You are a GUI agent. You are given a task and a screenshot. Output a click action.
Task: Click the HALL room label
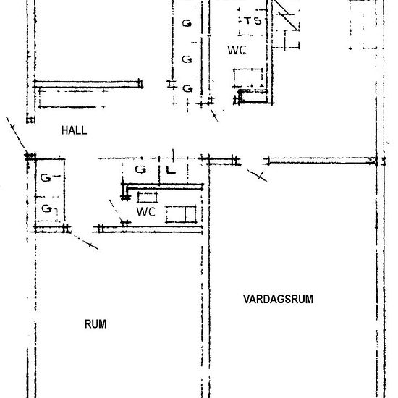coord(74,130)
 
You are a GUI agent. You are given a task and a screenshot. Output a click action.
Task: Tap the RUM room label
coord(96,324)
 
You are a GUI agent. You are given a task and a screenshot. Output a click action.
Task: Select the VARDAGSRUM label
coord(278,299)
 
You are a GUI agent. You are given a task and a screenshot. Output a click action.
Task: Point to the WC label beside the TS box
coord(237,50)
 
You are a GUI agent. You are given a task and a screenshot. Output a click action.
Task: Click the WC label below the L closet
coord(145,212)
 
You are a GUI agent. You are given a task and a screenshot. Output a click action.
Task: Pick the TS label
coord(253,21)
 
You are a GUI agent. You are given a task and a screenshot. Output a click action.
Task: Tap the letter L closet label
coord(171,169)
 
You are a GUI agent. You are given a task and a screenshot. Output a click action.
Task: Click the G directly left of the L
coord(140,169)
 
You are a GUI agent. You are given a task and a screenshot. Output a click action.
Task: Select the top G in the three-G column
coord(187,24)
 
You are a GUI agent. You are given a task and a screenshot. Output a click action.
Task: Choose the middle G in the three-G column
coord(187,59)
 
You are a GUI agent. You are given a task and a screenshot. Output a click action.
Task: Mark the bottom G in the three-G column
coord(187,89)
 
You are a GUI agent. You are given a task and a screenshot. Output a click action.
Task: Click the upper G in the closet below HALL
coord(46,178)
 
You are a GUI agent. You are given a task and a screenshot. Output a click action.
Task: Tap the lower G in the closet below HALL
coord(47,208)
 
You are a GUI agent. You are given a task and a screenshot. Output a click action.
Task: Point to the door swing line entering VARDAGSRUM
coord(257,175)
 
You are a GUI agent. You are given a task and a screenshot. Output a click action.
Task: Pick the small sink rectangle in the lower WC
coord(147,198)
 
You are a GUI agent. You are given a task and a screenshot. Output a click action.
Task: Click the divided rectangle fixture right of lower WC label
coord(181,214)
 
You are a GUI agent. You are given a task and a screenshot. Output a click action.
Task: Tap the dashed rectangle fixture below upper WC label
coord(248,78)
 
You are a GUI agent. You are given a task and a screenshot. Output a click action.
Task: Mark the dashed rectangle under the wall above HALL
coord(72,98)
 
